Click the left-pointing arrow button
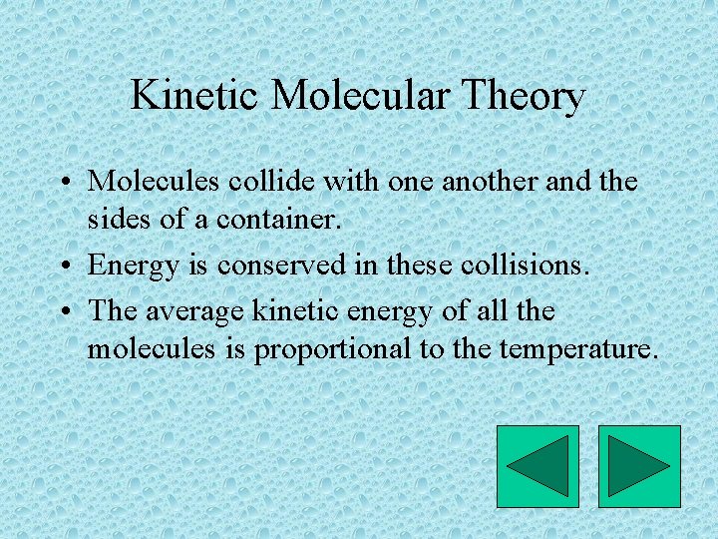point(538,466)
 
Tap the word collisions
point(526,265)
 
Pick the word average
point(193,312)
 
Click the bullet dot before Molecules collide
point(63,183)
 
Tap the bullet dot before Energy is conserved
point(63,267)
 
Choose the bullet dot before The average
point(63,313)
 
